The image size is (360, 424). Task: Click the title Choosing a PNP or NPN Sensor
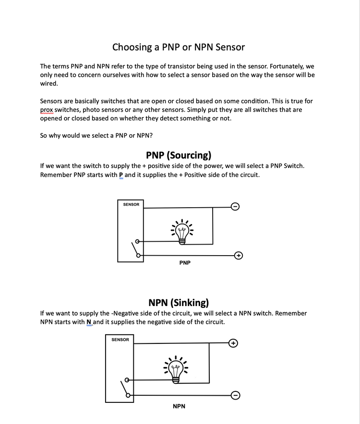click(x=179, y=47)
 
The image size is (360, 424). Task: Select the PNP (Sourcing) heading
click(x=179, y=155)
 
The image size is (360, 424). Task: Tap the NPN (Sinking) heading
click(x=179, y=303)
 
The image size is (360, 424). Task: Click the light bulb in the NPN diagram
click(x=176, y=370)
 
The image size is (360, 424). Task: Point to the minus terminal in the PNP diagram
click(x=235, y=207)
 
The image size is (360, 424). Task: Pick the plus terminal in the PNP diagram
click(x=238, y=256)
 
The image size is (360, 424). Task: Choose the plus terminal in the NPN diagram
click(x=233, y=343)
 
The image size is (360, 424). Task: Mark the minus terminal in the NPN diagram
click(x=235, y=395)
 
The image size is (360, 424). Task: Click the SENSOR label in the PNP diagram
click(x=131, y=204)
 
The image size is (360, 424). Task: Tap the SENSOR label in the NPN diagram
click(x=120, y=340)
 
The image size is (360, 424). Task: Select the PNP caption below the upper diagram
click(x=185, y=263)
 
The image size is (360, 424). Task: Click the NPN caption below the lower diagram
click(x=179, y=406)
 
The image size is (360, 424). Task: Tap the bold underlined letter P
click(x=121, y=175)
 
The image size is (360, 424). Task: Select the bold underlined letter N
click(x=89, y=322)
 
